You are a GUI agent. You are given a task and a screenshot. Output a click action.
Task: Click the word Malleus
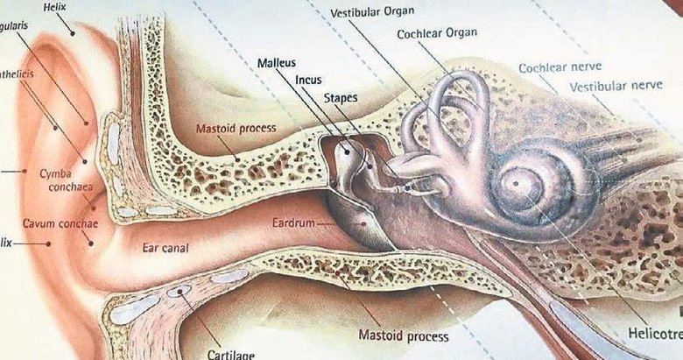point(278,63)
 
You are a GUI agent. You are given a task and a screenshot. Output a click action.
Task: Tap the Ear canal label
point(165,248)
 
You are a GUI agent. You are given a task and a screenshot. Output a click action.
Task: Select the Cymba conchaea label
point(55,180)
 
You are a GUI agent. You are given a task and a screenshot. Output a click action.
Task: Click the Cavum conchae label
point(60,223)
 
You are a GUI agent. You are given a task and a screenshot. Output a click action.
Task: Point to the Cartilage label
point(231,354)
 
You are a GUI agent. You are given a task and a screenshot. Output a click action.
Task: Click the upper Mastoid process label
point(236,128)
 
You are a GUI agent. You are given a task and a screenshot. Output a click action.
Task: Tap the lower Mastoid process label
point(404,335)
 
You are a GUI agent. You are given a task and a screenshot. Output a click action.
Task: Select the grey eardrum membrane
point(354,220)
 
